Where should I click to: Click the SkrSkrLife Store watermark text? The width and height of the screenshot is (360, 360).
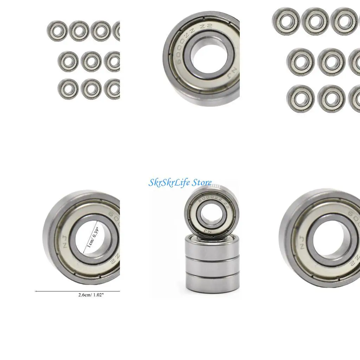(x=180, y=182)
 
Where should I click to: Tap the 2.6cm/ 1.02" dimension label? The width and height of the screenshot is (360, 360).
(x=91, y=295)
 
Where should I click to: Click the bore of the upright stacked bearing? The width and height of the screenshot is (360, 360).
(x=211, y=214)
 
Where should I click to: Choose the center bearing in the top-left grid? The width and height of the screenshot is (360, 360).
(x=91, y=62)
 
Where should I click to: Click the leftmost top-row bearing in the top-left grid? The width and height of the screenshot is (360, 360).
(x=57, y=31)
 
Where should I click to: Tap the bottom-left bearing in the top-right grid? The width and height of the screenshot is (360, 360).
(x=300, y=98)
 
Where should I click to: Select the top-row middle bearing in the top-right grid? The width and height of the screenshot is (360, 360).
(x=315, y=21)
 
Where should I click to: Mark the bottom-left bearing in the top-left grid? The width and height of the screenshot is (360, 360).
(x=68, y=89)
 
